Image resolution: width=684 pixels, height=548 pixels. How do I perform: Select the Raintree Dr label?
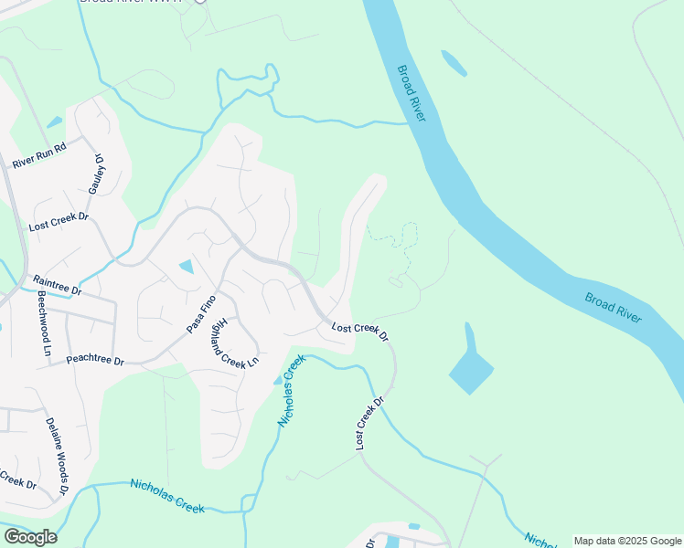pyautogui.click(x=57, y=285)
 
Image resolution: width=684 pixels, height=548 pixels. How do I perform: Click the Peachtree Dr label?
pyautogui.click(x=95, y=361)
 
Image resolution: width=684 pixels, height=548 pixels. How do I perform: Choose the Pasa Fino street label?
pyautogui.click(x=200, y=313)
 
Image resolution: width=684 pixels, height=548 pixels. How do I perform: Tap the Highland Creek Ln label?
pyautogui.click(x=240, y=337)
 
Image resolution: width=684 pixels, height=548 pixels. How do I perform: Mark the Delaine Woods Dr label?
pyautogui.click(x=58, y=457)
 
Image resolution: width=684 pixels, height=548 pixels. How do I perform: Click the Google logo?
pyautogui.click(x=29, y=537)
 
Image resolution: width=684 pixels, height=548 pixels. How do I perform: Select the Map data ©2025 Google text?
pyautogui.click(x=627, y=541)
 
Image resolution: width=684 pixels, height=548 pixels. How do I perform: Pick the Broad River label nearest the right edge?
pyautogui.click(x=613, y=308)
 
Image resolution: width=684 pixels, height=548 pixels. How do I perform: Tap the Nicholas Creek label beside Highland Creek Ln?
pyautogui.click(x=290, y=392)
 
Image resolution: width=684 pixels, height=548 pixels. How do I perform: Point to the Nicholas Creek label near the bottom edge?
pyautogui.click(x=167, y=495)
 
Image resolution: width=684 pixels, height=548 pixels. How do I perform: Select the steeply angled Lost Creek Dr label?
pyautogui.click(x=371, y=422)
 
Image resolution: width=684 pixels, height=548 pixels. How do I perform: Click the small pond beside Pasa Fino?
pyautogui.click(x=187, y=267)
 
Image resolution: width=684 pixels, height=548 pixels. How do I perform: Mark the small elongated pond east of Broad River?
pyautogui.click(x=454, y=63)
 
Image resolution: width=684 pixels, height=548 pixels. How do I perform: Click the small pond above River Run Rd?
pyautogui.click(x=54, y=121)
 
